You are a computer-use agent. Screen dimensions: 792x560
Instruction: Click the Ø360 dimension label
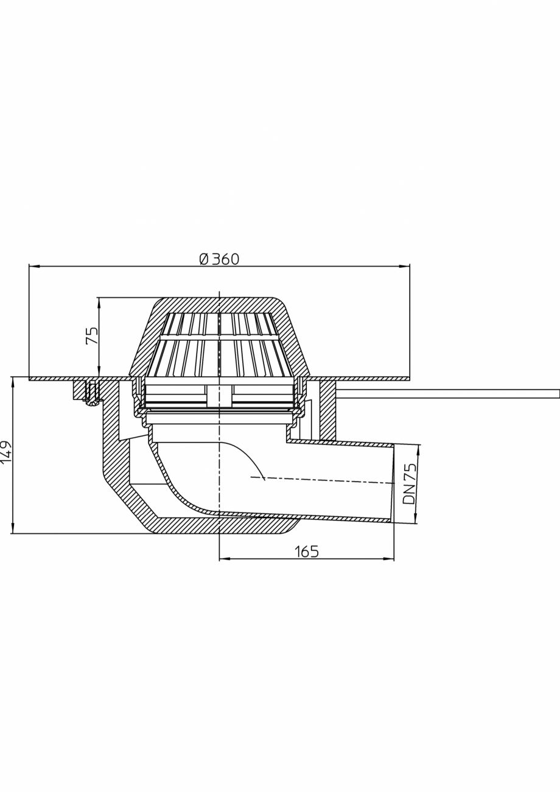coord(220,259)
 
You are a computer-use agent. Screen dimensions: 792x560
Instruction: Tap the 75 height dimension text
coord(92,335)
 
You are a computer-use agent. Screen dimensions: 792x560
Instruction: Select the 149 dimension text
coord(6,452)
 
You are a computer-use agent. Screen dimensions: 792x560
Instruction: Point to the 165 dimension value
coord(307,552)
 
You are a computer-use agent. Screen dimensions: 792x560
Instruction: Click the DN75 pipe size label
coord(410,483)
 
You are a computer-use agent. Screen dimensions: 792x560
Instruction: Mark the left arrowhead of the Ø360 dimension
coord(34,266)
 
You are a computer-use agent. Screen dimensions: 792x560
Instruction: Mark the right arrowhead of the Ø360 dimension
coord(405,266)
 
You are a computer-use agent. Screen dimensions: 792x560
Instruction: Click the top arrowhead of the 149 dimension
coord(13,382)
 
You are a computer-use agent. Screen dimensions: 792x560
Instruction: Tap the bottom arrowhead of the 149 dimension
coord(13,528)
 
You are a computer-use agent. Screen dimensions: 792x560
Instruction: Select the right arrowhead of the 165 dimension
coord(389,558)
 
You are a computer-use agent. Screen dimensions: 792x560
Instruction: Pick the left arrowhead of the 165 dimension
coord(224,558)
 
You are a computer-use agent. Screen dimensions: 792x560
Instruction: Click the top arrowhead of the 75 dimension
coord(99,303)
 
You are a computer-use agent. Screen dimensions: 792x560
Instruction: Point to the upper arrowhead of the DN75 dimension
coord(418,450)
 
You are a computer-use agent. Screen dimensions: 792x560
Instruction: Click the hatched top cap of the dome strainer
coord(219,305)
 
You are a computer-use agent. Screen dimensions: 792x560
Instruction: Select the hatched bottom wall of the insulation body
coord(219,525)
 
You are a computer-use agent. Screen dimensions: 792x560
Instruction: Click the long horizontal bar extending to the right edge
coord(447,394)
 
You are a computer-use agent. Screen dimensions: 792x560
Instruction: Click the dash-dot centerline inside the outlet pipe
coord(323,480)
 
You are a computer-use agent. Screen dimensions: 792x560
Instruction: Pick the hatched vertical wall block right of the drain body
coord(327,409)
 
